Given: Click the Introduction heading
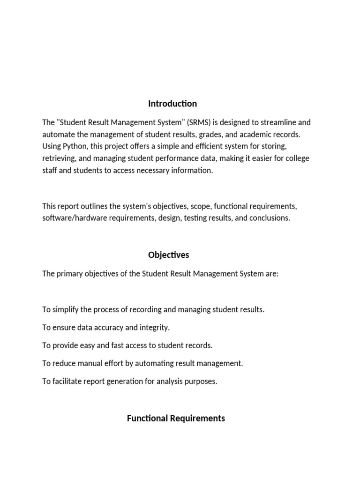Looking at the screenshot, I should pos(172,104).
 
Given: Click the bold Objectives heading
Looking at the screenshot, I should pos(169,255).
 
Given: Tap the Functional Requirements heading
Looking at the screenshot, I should pos(176,418).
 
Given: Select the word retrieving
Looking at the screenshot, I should pos(58,159).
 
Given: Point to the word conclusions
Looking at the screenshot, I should pos(269,218).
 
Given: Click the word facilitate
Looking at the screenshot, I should pos(67,381).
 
